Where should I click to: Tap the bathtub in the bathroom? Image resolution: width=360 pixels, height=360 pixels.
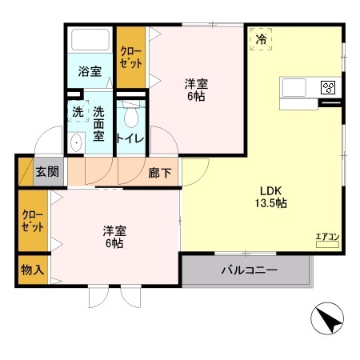89,41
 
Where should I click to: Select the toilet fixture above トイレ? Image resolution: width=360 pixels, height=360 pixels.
130,114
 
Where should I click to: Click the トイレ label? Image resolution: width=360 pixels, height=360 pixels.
130,138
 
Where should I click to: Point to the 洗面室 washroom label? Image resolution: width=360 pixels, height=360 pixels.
98,124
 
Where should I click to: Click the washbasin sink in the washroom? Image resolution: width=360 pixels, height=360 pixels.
76,142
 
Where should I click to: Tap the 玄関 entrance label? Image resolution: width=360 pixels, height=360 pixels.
46,171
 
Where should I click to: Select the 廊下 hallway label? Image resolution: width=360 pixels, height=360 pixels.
159,172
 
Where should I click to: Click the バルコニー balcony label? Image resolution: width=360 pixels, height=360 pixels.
249,270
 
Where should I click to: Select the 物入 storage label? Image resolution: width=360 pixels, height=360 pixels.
33,271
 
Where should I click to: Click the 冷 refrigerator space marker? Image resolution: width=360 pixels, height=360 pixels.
260,38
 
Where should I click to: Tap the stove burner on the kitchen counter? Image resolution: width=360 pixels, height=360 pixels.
326,87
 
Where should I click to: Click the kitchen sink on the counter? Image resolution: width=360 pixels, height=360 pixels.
293,87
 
